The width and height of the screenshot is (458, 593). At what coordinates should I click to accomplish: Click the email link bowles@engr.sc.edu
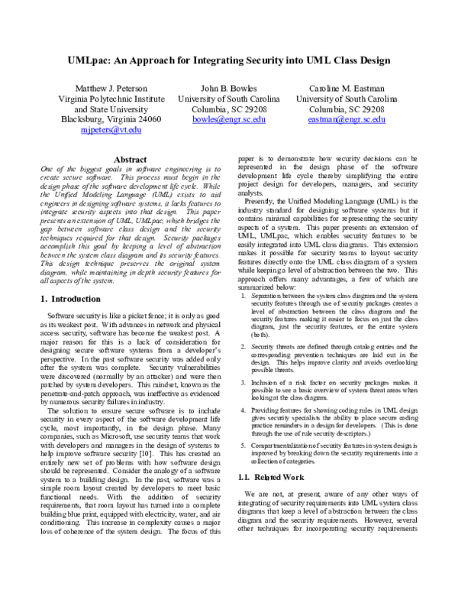(229, 119)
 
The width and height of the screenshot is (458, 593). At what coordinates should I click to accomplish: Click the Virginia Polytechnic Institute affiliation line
(114, 99)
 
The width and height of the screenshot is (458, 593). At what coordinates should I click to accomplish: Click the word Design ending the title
(373, 60)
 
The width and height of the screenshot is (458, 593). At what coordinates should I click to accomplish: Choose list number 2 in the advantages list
(244, 346)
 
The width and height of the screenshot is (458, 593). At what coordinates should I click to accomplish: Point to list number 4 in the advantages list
(244, 410)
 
